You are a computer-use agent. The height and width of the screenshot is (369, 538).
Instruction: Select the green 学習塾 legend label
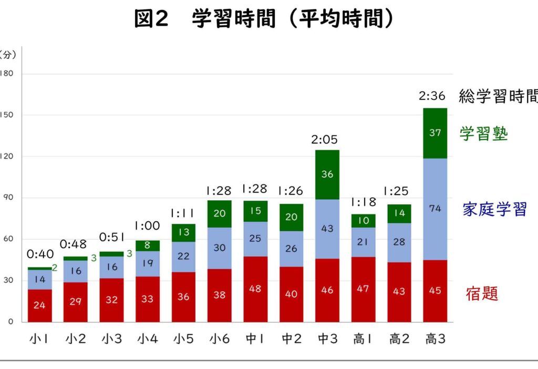(484, 134)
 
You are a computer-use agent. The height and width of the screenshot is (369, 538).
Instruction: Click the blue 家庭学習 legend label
(494, 209)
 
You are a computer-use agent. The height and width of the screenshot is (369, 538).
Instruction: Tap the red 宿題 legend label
(482, 293)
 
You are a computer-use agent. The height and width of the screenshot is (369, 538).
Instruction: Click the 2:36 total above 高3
(432, 96)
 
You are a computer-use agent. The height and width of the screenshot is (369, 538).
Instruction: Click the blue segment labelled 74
(435, 209)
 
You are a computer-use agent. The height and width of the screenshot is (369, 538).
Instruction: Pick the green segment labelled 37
(435, 133)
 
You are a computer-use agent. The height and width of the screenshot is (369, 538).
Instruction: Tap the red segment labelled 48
(255, 289)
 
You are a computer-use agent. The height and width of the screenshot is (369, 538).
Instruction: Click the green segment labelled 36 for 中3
(327, 175)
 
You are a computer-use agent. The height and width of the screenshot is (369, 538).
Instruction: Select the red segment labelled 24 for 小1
(39, 305)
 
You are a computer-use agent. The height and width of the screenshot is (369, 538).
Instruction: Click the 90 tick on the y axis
(8, 198)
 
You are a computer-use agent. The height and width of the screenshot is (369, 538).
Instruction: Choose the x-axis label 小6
(219, 340)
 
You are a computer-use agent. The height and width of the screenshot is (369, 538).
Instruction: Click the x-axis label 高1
(363, 340)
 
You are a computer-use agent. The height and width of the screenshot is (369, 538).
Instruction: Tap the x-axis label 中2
(291, 340)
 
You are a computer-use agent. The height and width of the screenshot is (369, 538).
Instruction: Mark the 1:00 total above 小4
(147, 226)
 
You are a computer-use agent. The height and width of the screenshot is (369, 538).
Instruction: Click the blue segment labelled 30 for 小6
(219, 248)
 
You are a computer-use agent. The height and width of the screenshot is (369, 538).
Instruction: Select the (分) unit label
(7, 54)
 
